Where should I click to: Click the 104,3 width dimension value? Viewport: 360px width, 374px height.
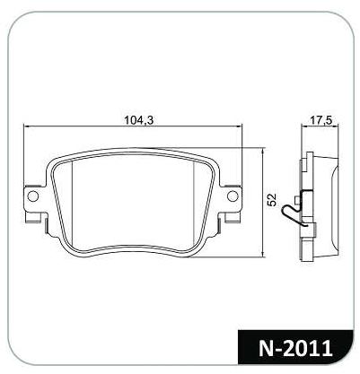tap(138, 120)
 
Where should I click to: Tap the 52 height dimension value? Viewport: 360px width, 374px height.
tap(272, 200)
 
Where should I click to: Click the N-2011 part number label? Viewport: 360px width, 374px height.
tap(295, 348)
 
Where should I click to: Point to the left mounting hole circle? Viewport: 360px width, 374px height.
tap(32, 196)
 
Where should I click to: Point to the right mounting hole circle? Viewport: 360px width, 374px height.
tap(233, 196)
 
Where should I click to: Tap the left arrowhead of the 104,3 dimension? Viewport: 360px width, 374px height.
tap(26, 126)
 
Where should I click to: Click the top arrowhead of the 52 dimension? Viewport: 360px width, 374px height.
tap(262, 150)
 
